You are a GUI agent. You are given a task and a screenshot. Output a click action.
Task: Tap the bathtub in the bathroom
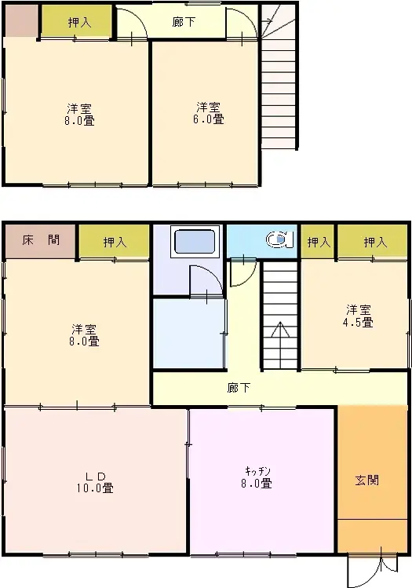(x=195, y=241)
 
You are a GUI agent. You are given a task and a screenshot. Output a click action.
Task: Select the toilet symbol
(x=277, y=239)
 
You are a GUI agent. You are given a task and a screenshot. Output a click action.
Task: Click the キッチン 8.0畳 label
(x=258, y=477)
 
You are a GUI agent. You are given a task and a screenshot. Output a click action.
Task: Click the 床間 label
(x=40, y=240)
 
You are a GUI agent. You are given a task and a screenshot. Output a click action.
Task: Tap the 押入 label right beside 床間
(x=114, y=243)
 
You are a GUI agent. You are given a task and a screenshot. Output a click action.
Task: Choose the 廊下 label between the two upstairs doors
(x=185, y=22)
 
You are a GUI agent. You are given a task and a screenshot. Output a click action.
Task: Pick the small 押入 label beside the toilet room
(x=318, y=243)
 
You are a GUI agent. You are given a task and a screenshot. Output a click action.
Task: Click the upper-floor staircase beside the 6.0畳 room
(x=278, y=86)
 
